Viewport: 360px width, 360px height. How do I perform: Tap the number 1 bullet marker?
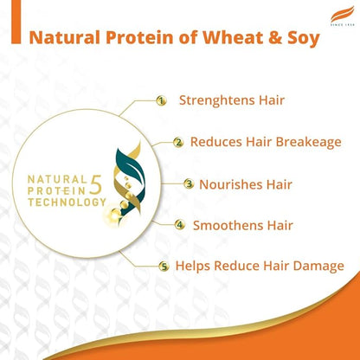(x=161, y=100)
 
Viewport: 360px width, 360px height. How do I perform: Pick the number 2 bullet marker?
(x=178, y=142)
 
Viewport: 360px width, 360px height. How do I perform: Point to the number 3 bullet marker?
(x=190, y=183)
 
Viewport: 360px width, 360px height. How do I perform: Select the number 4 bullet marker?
(x=180, y=225)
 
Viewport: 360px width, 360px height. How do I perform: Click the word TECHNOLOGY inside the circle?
(x=66, y=201)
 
